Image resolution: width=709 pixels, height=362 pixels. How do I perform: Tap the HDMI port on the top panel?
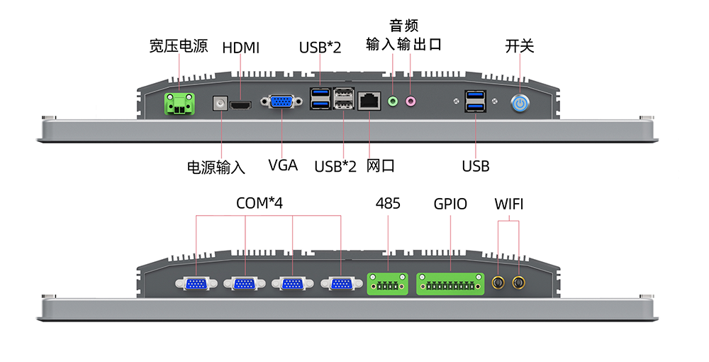click(x=242, y=106)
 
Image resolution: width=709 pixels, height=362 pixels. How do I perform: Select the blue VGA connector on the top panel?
click(x=281, y=102)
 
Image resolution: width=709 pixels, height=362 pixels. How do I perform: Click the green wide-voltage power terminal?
click(x=180, y=104)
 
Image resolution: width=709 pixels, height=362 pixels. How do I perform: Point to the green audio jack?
click(x=393, y=102)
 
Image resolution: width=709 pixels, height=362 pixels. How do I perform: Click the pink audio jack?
click(x=411, y=102)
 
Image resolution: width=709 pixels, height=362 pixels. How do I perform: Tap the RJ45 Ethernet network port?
click(x=369, y=101)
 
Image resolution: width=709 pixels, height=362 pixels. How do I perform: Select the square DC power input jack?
click(x=220, y=104)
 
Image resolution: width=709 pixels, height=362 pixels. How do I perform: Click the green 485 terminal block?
click(x=387, y=285)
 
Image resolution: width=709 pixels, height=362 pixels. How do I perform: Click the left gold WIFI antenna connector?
click(x=499, y=284)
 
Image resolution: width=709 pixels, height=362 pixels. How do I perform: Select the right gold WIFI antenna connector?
click(x=520, y=284)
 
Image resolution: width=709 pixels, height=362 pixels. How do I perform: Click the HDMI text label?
click(x=241, y=48)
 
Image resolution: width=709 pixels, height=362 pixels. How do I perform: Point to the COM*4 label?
click(x=259, y=204)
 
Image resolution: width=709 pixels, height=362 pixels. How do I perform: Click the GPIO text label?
click(x=450, y=204)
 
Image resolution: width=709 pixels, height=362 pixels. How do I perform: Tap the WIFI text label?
click(x=509, y=204)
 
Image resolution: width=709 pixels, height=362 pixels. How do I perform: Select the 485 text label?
click(x=388, y=204)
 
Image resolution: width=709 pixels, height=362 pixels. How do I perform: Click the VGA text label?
click(x=283, y=166)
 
